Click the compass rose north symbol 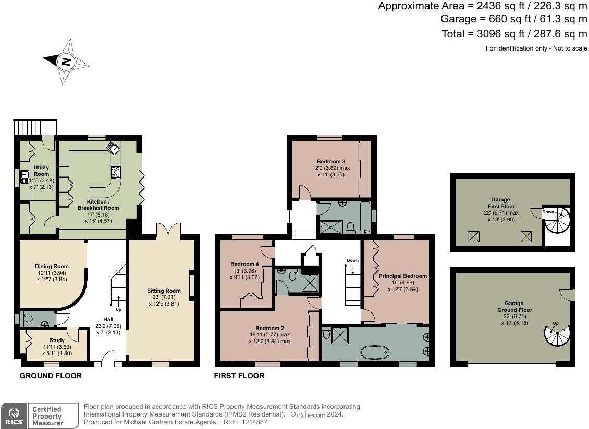(x=66, y=61)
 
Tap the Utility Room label (x=41, y=171)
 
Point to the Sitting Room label (x=163, y=291)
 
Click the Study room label (x=57, y=340)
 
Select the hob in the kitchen (x=115, y=172)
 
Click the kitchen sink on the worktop (x=114, y=148)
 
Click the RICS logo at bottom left (x=13, y=415)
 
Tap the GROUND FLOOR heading (x=51, y=375)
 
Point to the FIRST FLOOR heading (x=239, y=375)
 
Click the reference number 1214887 (x=252, y=422)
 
